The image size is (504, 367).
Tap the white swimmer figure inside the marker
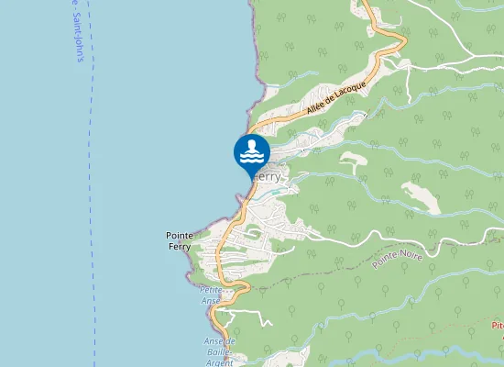coord(251,146)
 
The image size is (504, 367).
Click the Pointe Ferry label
coord(180,240)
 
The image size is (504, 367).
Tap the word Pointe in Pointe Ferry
coord(180,235)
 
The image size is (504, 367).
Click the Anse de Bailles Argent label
coord(219,351)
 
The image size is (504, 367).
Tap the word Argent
coord(219,361)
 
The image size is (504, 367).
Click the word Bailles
coord(219,352)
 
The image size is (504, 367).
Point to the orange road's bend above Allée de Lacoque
coord(385,41)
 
